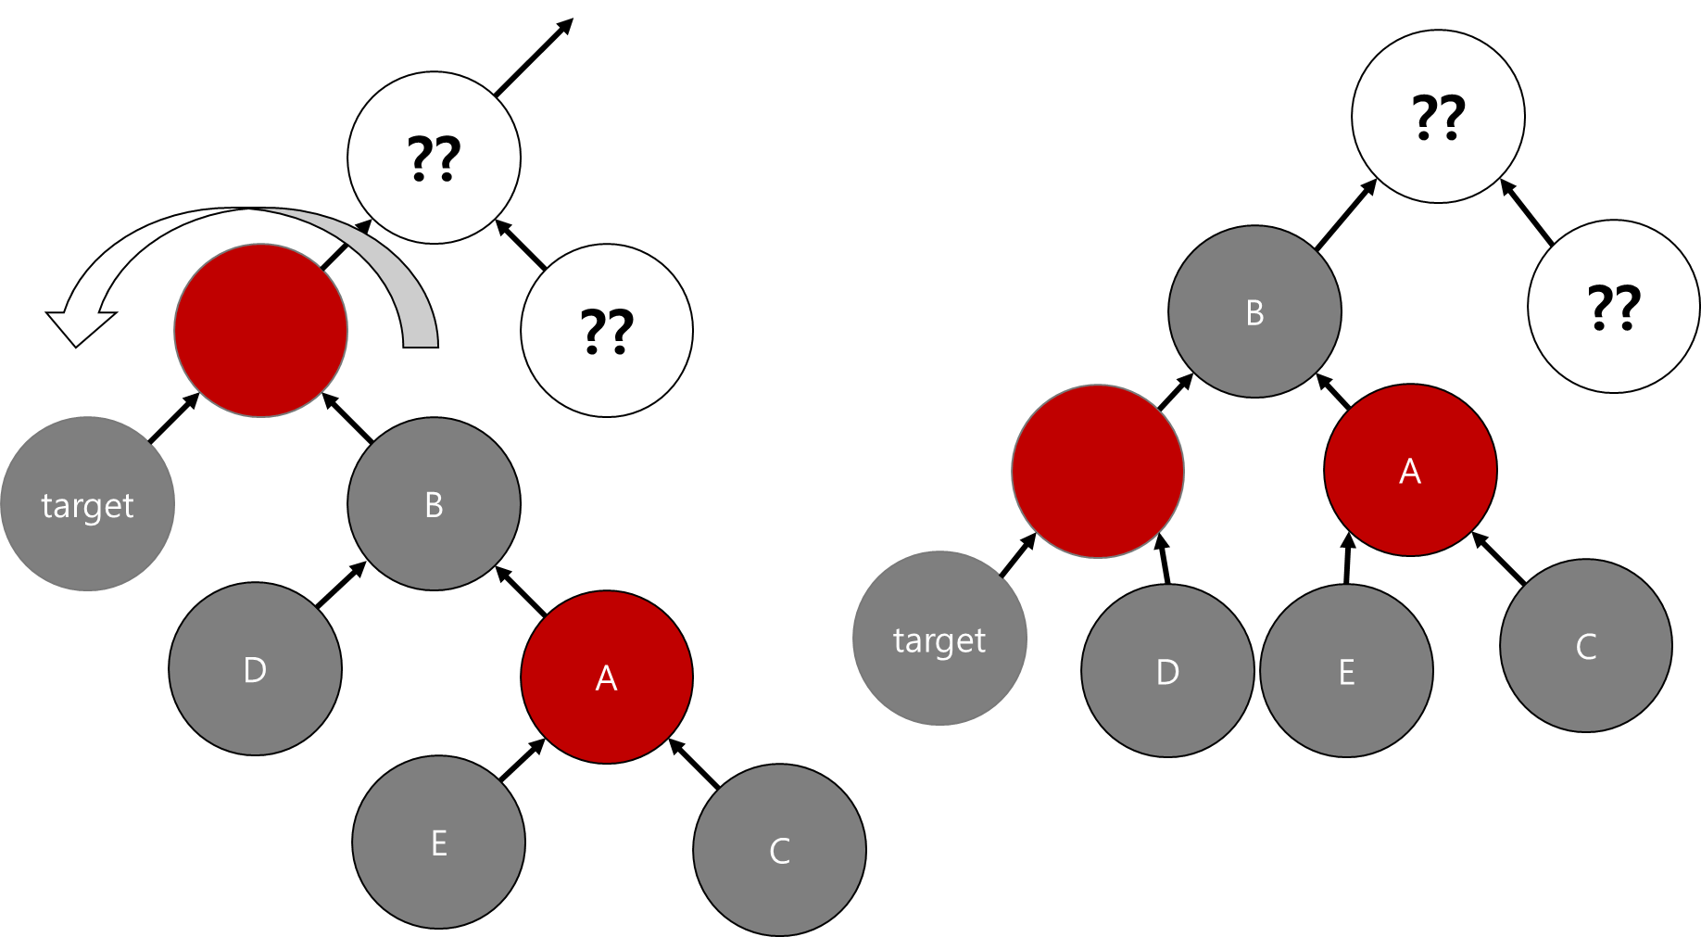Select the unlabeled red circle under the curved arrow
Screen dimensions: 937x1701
(260, 331)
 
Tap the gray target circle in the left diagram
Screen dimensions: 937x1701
(87, 504)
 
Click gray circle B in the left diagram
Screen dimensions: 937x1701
(434, 504)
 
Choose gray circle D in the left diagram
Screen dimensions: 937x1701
(255, 669)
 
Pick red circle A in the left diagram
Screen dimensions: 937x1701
(607, 677)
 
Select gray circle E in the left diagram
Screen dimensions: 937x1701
(438, 842)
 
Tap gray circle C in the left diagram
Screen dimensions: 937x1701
(779, 850)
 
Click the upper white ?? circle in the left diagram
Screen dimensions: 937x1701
(434, 158)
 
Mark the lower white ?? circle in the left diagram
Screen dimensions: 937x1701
(607, 331)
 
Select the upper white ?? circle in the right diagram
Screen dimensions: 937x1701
(1438, 117)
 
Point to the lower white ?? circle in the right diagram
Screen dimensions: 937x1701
(1614, 307)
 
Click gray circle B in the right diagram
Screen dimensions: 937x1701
(1254, 312)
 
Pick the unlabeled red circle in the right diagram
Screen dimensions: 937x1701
(1098, 471)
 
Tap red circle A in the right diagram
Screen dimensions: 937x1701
(1410, 471)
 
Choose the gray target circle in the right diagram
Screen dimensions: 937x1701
(939, 639)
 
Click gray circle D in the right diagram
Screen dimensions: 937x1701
(1167, 671)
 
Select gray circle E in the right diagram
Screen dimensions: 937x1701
(1346, 671)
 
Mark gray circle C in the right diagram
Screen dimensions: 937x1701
(1586, 646)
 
